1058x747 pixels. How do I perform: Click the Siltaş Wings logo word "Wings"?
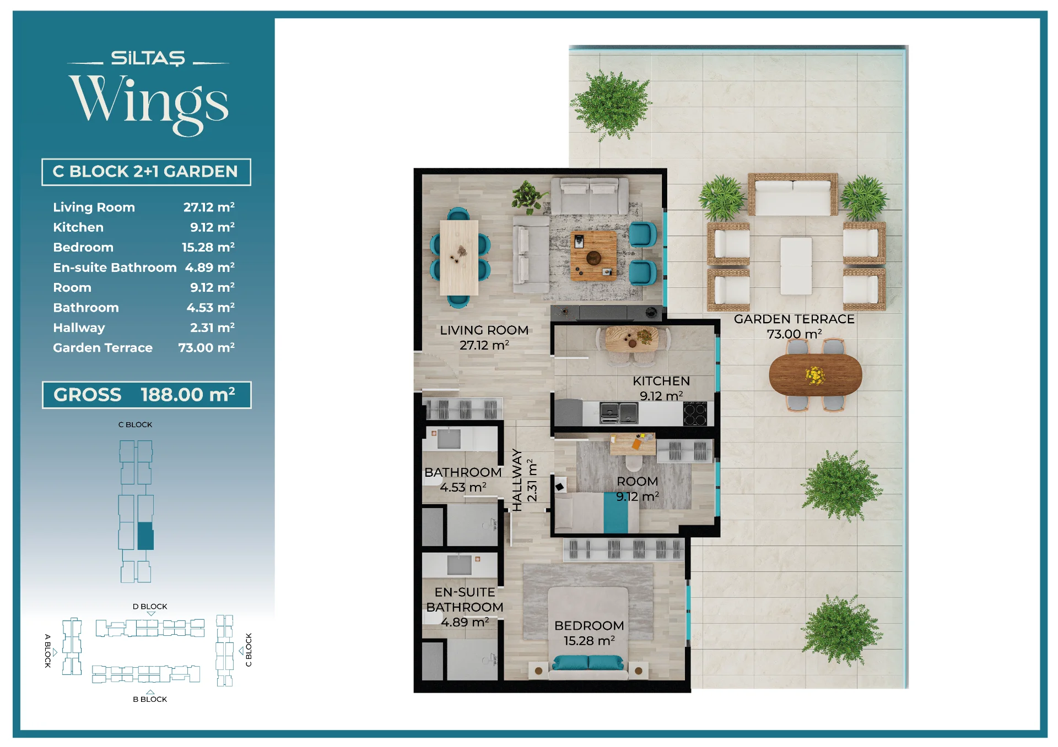[x=149, y=105]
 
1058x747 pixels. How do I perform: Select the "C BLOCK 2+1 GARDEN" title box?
[x=146, y=172]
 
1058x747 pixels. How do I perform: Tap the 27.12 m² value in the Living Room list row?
[x=209, y=207]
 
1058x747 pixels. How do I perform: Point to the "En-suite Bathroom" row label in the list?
[x=115, y=268]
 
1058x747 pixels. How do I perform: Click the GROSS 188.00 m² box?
[x=147, y=395]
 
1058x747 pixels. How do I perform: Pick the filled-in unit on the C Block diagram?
[x=145, y=536]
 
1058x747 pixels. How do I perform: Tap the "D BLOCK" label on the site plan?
[x=150, y=607]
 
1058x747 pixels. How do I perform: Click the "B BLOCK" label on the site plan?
[x=150, y=699]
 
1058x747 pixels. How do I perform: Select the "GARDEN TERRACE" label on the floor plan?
[x=794, y=319]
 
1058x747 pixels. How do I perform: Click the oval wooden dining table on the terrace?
[x=816, y=374]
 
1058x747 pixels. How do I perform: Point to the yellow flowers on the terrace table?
[x=815, y=375]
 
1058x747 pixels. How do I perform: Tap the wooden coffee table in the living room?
[x=593, y=256]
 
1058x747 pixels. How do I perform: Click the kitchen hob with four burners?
[x=695, y=413]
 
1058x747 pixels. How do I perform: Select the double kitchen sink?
[x=619, y=413]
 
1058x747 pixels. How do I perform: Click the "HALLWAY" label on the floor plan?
[x=517, y=479]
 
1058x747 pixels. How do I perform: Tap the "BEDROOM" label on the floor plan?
[x=589, y=626]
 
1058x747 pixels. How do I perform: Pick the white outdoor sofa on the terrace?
[x=793, y=195]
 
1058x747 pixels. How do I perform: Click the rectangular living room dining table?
[x=459, y=258]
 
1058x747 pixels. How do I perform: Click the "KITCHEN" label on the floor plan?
[x=661, y=381]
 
